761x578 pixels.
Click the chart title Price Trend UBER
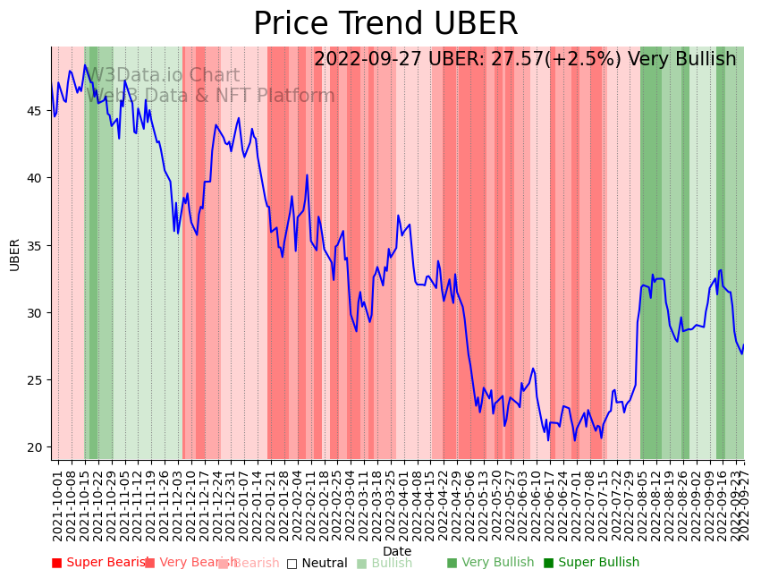pos(385,24)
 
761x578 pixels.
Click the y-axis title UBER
pos(15,254)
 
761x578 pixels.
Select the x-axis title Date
pos(397,552)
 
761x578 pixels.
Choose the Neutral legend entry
pos(317,563)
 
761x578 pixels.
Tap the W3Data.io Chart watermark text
pos(163,75)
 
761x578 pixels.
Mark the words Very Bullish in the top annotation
pos(681,59)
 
